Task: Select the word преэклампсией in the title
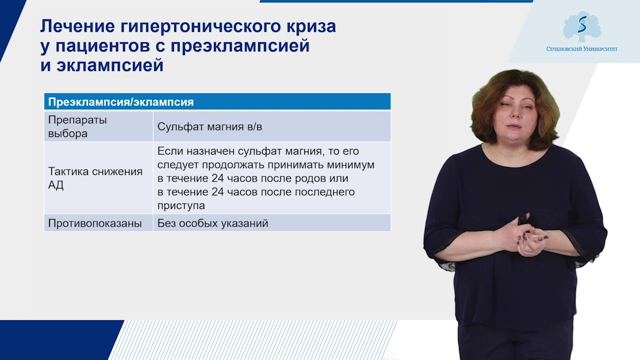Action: click(240, 45)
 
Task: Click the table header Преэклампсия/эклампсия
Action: click(120, 102)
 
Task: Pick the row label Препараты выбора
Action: click(77, 126)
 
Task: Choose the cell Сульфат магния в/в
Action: click(209, 126)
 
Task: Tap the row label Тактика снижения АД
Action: click(95, 178)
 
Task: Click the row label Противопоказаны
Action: click(94, 223)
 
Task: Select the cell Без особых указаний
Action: click(212, 223)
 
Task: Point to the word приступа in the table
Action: click(181, 205)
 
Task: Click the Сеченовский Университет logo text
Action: click(582, 49)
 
